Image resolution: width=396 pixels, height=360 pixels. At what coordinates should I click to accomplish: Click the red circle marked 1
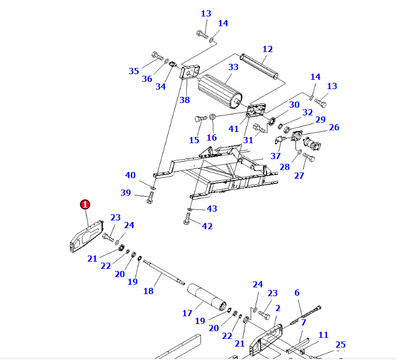[x=85, y=204]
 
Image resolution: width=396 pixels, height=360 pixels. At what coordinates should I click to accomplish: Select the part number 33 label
[x=233, y=67]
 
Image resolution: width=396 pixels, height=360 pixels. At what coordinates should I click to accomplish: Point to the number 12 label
[x=267, y=49]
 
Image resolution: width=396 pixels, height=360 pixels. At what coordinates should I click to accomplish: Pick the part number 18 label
[x=148, y=291]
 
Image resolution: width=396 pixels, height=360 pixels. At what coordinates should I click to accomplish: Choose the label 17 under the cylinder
[x=187, y=313]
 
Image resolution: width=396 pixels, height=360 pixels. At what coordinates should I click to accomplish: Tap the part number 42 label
[x=207, y=226]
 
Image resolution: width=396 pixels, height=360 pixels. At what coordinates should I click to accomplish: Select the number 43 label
[x=212, y=209]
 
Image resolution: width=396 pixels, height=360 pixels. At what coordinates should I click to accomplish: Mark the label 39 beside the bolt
[x=126, y=193]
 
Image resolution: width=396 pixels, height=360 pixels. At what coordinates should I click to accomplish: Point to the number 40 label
[x=130, y=175]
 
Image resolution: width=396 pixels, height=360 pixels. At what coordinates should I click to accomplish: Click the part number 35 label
[x=134, y=71]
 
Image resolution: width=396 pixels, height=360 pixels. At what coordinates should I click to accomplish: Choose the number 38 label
[x=185, y=100]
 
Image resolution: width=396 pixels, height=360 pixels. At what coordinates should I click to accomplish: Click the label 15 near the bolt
[x=194, y=140]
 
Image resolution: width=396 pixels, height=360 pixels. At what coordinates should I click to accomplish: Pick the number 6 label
[x=297, y=293]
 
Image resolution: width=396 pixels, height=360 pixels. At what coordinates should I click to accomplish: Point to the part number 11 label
[x=323, y=335]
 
